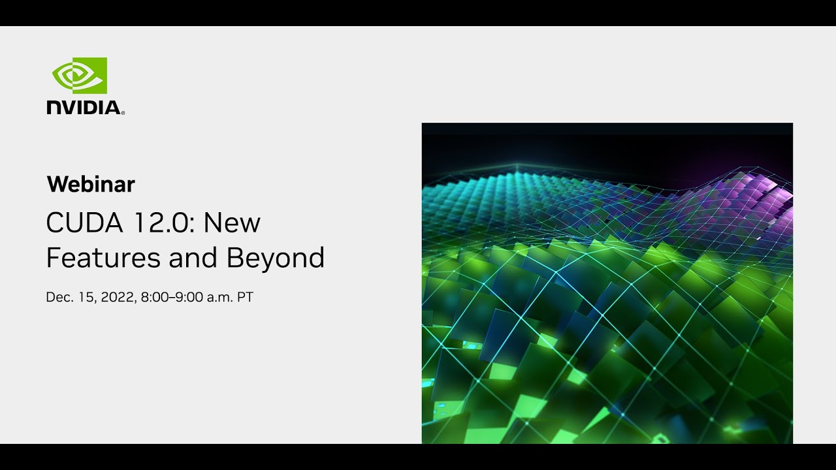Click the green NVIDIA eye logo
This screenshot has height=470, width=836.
point(80,76)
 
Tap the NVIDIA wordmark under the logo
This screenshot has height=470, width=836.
point(84,108)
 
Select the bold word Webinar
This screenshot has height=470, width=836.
point(91,185)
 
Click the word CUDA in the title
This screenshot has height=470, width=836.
point(84,223)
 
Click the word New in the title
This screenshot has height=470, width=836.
point(232,223)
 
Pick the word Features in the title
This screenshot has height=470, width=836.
point(103,258)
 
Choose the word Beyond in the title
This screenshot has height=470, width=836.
point(276,258)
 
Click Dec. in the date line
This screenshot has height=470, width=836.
point(59,298)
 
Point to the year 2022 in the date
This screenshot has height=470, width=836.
point(118,298)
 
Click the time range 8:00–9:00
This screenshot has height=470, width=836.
point(172,298)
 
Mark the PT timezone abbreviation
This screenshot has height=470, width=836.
point(245,298)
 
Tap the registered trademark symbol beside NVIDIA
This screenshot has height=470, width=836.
point(123,113)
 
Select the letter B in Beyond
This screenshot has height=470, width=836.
point(234,258)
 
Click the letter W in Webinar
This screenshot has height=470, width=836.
point(56,185)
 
